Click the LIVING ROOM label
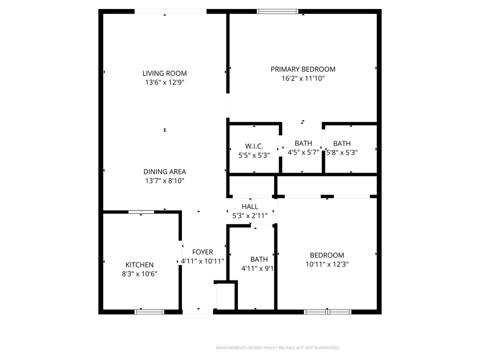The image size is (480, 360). coord(164,73)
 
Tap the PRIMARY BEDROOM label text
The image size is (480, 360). coord(303,69)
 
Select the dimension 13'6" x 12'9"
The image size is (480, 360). coord(164,82)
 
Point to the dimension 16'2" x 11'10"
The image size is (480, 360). coord(303,78)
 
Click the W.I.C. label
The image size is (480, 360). coord(254,146)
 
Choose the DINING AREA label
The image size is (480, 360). coord(164,172)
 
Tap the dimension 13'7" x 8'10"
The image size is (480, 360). coord(164,181)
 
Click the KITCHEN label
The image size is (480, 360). coord(139,265)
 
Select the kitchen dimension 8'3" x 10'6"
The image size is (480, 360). coord(139,274)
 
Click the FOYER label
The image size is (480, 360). coord(202,252)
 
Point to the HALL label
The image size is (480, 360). coord(250,206)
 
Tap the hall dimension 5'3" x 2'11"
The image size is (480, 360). coord(250,215)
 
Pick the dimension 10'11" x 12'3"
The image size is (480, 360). coord(327,264)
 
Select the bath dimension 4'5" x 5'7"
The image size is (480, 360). coord(303,152)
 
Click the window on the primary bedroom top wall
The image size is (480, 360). coord(277,11)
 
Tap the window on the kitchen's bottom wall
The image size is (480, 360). coord(149,312)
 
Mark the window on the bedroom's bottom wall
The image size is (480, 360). coord(327,312)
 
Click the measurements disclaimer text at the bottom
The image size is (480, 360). coord(278,347)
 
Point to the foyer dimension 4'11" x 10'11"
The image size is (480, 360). coord(202,261)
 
